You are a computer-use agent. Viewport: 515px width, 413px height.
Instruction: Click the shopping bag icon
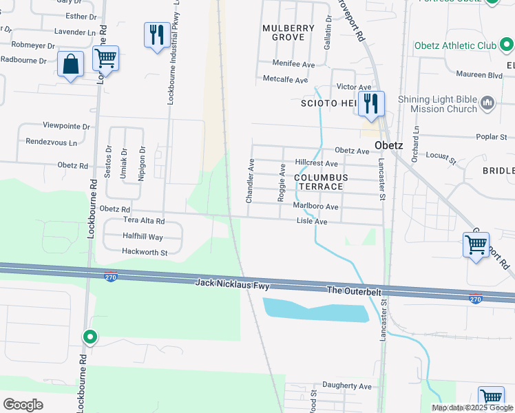(70, 65)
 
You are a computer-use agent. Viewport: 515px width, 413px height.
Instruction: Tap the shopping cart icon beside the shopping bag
(105, 59)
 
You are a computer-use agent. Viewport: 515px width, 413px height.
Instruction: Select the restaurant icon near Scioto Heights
(370, 104)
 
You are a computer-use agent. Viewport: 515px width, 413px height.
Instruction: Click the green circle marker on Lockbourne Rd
(90, 337)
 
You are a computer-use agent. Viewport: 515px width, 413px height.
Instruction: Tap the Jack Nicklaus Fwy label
(231, 283)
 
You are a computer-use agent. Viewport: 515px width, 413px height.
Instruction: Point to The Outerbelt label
(353, 290)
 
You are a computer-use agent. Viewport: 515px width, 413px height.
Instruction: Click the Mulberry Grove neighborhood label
(288, 32)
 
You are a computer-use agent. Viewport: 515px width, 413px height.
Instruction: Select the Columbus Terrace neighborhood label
(319, 182)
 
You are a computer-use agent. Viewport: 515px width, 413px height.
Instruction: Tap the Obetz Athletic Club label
(455, 45)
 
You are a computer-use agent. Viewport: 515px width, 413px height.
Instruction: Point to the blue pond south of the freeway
(316, 310)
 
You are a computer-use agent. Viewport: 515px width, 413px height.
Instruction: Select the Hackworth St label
(145, 253)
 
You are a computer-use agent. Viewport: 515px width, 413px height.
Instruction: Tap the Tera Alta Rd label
(143, 221)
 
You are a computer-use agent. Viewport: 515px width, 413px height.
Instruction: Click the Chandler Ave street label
(251, 181)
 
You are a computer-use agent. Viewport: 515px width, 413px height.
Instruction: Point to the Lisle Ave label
(311, 222)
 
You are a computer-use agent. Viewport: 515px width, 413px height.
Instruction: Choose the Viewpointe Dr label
(67, 126)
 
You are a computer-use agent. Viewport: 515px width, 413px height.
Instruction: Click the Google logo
(23, 404)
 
